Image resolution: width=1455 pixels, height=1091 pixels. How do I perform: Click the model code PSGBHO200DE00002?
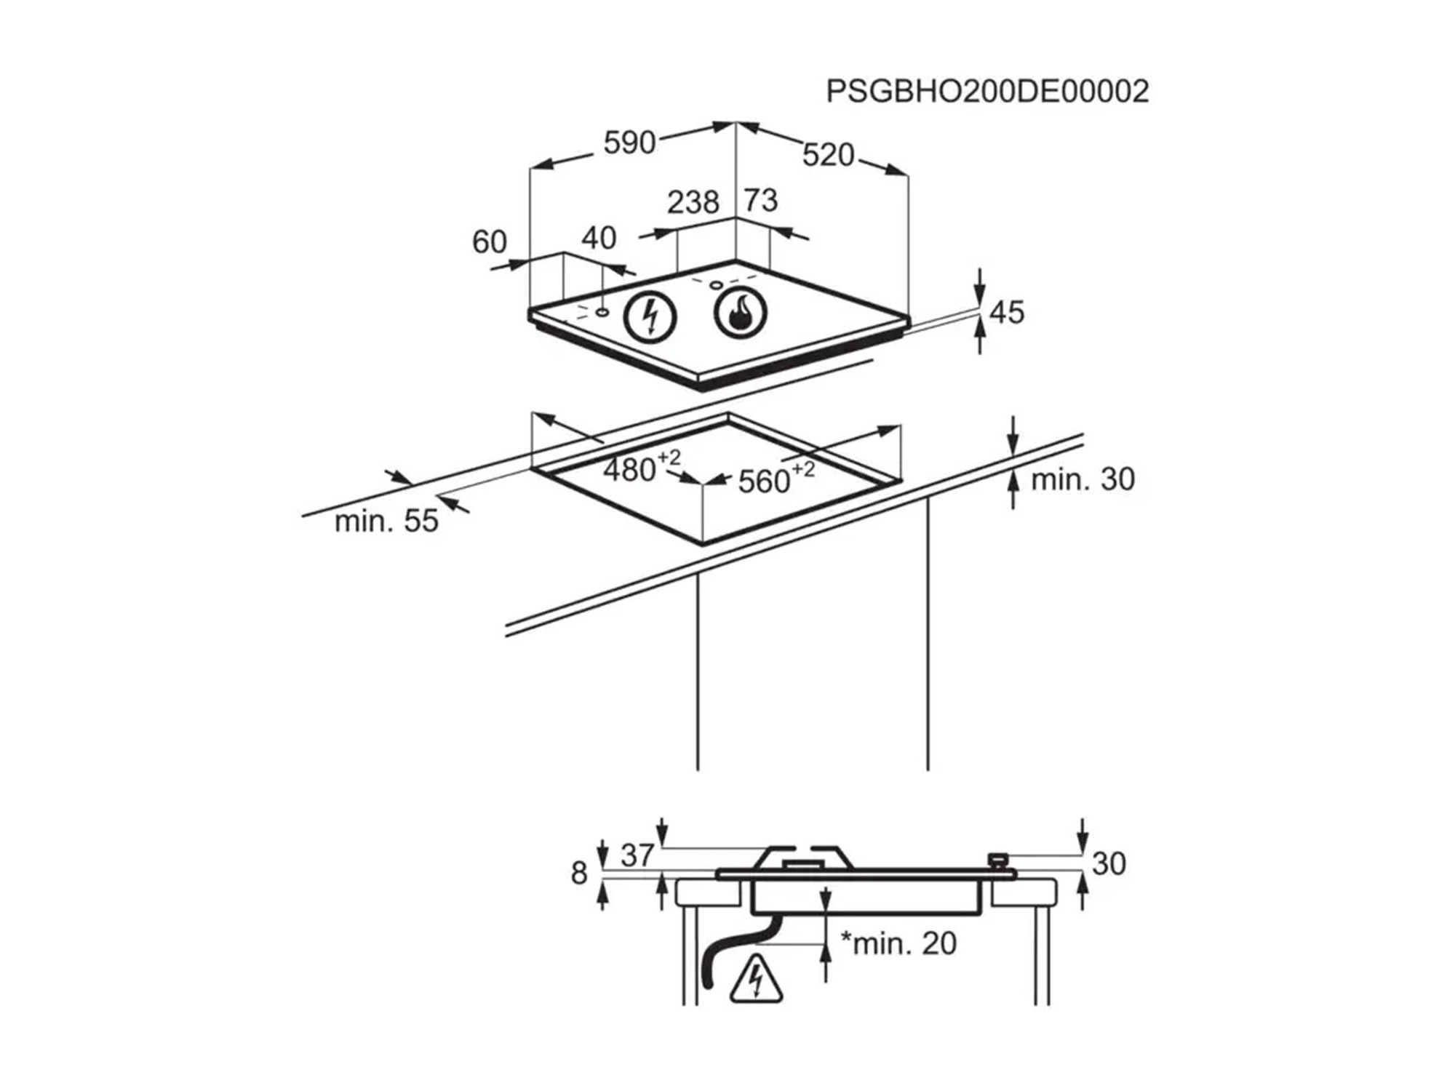pyautogui.click(x=987, y=92)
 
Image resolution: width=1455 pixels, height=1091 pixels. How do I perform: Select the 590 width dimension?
pyautogui.click(x=629, y=143)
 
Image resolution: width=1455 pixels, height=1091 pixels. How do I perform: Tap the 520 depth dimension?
pyautogui.click(x=828, y=155)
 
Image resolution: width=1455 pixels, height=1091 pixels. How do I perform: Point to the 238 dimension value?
pyautogui.click(x=693, y=202)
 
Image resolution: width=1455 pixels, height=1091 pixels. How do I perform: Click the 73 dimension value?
pyautogui.click(x=761, y=200)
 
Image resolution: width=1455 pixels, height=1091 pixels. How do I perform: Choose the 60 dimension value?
pyautogui.click(x=489, y=242)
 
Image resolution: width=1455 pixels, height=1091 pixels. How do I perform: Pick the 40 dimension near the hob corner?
pyautogui.click(x=599, y=238)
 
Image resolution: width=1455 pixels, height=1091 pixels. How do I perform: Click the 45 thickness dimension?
pyautogui.click(x=1007, y=312)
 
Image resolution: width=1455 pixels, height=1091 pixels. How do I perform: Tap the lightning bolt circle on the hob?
pyautogui.click(x=650, y=317)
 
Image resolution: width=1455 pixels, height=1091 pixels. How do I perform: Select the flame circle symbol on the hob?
pyautogui.click(x=740, y=313)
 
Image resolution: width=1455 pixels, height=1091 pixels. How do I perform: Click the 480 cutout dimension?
pyautogui.click(x=630, y=471)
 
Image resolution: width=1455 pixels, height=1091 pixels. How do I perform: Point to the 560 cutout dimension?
pyautogui.click(x=765, y=481)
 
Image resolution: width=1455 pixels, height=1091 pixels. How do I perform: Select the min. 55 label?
pyautogui.click(x=386, y=521)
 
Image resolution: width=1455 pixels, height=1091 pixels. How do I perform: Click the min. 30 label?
pyautogui.click(x=1083, y=479)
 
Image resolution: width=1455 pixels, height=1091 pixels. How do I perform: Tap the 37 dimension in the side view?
pyautogui.click(x=637, y=855)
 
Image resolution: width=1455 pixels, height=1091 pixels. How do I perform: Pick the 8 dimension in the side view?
pyautogui.click(x=579, y=873)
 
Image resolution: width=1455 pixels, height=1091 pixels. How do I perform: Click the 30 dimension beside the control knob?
pyautogui.click(x=1109, y=864)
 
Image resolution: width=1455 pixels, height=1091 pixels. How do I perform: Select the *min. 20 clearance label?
pyautogui.click(x=898, y=943)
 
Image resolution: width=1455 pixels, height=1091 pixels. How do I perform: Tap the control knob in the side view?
pyautogui.click(x=998, y=861)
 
